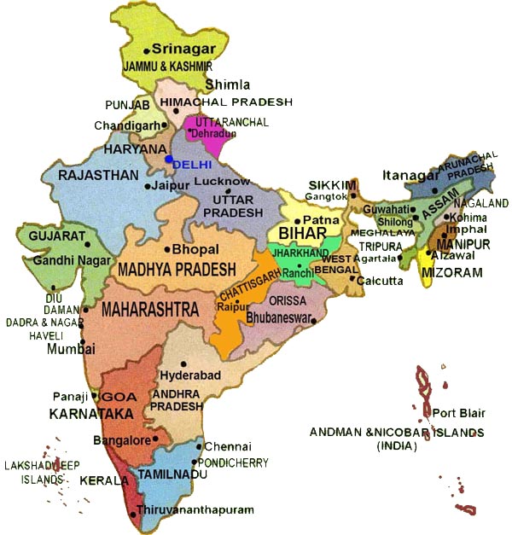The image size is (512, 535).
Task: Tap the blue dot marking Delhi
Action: (x=169, y=159)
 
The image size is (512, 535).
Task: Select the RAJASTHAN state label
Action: (x=98, y=175)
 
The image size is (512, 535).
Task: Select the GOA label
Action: (x=113, y=397)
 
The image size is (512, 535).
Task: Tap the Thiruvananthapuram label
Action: (x=195, y=509)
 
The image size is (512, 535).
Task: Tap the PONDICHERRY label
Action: (x=236, y=462)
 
